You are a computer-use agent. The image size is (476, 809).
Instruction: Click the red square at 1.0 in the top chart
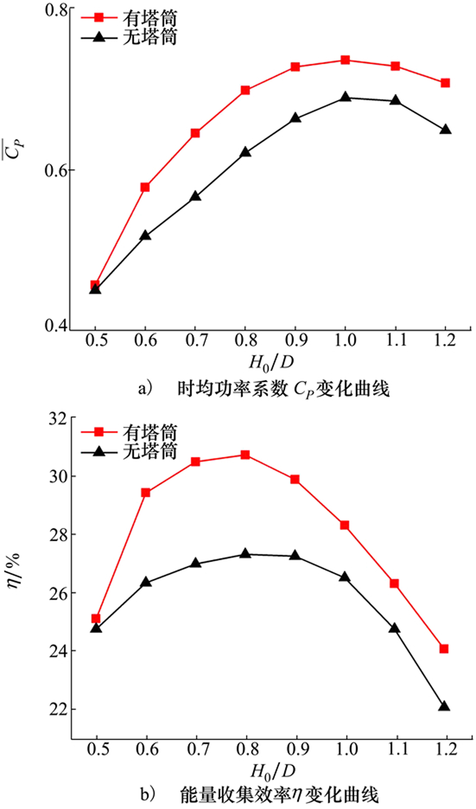[345, 60]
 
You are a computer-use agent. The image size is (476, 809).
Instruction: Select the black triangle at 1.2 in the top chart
[445, 130]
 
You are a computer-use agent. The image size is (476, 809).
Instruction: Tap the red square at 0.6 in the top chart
[145, 187]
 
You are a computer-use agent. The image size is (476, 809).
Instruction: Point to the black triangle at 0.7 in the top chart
[195, 196]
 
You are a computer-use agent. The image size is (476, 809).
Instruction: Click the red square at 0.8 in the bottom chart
[246, 455]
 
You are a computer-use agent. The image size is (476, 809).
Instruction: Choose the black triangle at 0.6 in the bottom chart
[146, 582]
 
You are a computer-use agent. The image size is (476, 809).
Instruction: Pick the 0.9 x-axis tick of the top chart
[296, 341]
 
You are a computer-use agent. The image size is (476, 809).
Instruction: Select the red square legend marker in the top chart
[98, 18]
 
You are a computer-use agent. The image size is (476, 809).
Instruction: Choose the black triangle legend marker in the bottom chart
[98, 451]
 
